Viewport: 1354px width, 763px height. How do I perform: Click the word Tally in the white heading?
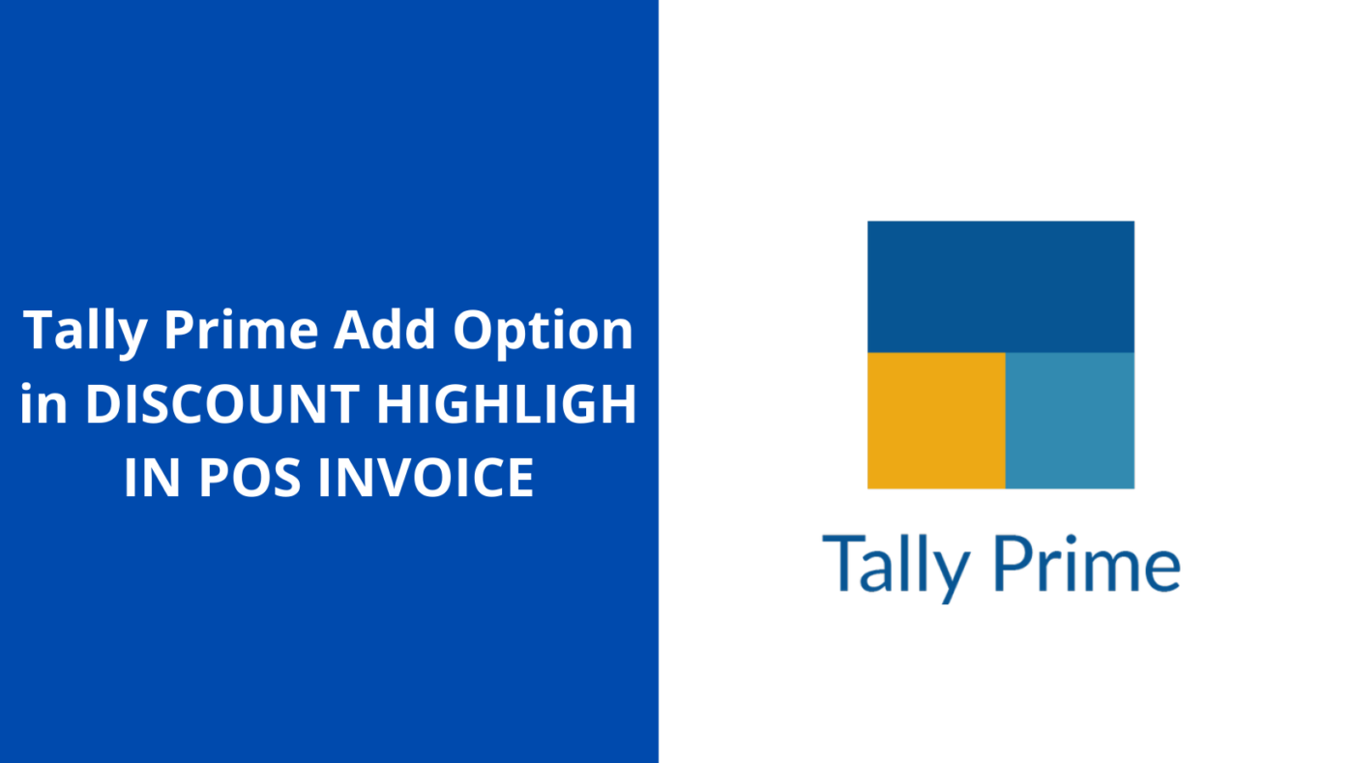pyautogui.click(x=85, y=331)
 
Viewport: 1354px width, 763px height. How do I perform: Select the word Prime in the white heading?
pyautogui.click(x=241, y=331)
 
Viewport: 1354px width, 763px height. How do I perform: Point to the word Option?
pyautogui.click(x=544, y=331)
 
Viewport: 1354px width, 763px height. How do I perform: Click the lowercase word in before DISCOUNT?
pyautogui.click(x=44, y=403)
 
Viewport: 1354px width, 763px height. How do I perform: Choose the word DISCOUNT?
pyautogui.click(x=222, y=403)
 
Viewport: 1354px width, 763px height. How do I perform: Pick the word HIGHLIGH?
pyautogui.click(x=506, y=403)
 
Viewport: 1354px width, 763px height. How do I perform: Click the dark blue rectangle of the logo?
pyautogui.click(x=1000, y=286)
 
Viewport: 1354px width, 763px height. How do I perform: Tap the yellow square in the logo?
pyautogui.click(x=935, y=421)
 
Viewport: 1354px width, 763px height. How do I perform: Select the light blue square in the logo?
pyautogui.click(x=1070, y=421)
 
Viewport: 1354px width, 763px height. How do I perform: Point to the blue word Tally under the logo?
pyautogui.click(x=896, y=565)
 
